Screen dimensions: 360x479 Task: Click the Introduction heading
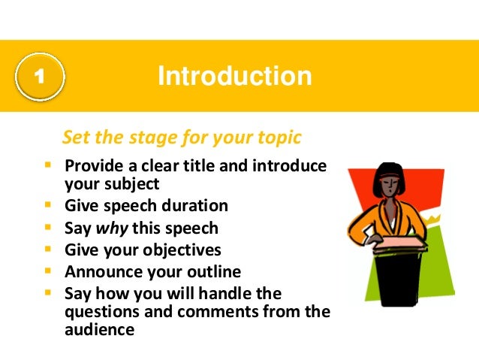234,76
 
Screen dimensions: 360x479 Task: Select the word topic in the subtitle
277,138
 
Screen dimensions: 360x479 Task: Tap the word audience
98,329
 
